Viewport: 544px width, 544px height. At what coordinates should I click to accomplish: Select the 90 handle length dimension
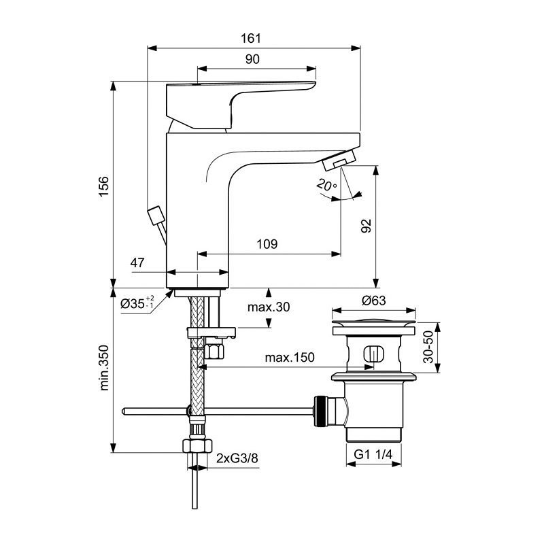click(x=252, y=60)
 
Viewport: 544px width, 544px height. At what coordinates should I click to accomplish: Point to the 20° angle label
click(x=326, y=185)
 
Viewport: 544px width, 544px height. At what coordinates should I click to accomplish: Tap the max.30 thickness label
click(x=269, y=307)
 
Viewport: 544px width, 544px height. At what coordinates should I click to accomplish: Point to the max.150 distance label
click(x=290, y=358)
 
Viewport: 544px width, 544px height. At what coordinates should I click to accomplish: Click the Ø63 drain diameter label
click(x=374, y=300)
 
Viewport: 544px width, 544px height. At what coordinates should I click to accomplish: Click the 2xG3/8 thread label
click(x=237, y=459)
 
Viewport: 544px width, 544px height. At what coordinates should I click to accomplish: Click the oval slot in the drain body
click(x=372, y=354)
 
